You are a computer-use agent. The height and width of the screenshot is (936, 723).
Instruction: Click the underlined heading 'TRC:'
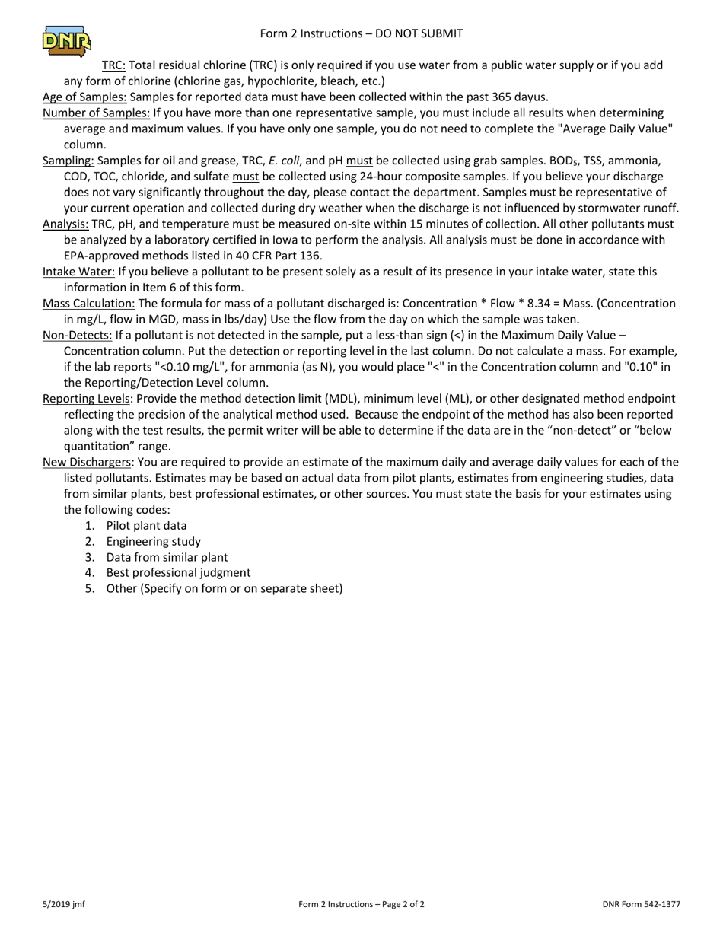[x=114, y=65]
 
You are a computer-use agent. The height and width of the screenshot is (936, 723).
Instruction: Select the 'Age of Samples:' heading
[x=84, y=97]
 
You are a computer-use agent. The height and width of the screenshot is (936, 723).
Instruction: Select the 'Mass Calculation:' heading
[x=89, y=304]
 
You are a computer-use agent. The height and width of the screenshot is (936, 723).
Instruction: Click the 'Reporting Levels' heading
[x=87, y=399]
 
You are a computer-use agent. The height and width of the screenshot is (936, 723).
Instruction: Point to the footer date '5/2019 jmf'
[x=64, y=905]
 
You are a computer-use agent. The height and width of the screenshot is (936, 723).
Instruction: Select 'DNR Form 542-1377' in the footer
[x=641, y=905]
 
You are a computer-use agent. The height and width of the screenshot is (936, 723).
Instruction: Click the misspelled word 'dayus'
[x=530, y=97]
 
